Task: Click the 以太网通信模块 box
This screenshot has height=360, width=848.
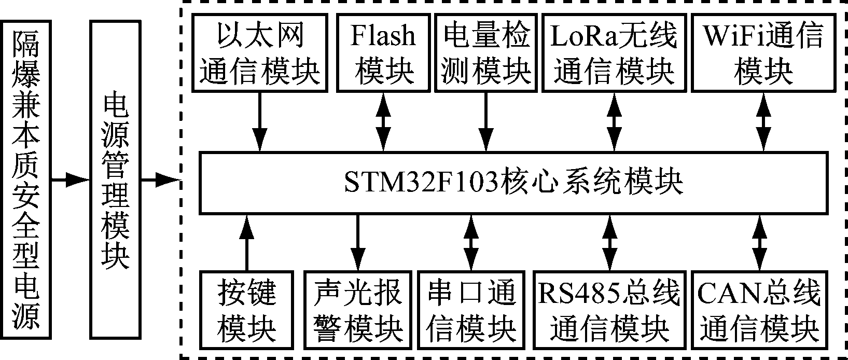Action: (260, 52)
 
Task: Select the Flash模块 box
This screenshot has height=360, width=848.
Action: (383, 52)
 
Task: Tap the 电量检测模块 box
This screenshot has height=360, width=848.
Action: (486, 52)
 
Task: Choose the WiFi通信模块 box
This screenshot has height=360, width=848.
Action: (763, 52)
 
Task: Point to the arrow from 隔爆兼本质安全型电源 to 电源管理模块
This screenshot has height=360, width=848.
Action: (70, 181)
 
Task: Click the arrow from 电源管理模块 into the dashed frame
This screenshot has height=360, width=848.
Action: (161, 181)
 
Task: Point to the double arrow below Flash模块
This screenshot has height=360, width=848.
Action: (383, 121)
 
